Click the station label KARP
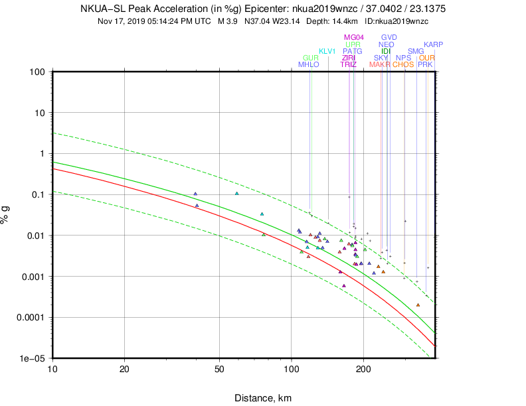(x=434, y=44)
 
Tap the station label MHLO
(x=309, y=64)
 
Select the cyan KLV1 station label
(x=327, y=51)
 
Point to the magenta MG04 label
(x=354, y=37)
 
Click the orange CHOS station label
(x=403, y=64)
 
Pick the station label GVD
(x=389, y=37)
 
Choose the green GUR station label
(x=311, y=58)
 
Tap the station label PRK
(x=426, y=64)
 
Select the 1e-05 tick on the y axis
(x=31, y=358)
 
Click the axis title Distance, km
(x=262, y=398)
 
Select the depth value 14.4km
(x=331, y=21)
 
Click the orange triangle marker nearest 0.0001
(x=418, y=305)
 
